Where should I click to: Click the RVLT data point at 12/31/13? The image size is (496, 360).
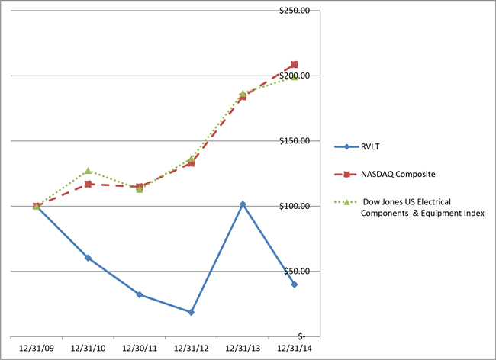tap(243, 204)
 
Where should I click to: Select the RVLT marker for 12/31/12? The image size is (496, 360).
tap(191, 312)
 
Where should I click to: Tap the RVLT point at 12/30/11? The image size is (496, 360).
tap(140, 294)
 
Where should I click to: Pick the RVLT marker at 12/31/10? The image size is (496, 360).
tap(88, 258)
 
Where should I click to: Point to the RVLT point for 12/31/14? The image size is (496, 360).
tap(295, 284)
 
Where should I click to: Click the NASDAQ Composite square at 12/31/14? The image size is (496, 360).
tap(295, 65)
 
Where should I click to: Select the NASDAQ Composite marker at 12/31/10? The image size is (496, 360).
tap(88, 184)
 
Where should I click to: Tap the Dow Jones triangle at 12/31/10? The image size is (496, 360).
tap(88, 171)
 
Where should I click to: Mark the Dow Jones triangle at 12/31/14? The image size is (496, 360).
tap(295, 76)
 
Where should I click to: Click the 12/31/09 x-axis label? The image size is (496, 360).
tap(36, 347)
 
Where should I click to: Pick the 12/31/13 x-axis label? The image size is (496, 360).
tap(243, 347)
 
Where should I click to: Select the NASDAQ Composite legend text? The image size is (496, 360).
tap(397, 175)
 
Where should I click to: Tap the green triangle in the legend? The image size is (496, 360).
tap(346, 202)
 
